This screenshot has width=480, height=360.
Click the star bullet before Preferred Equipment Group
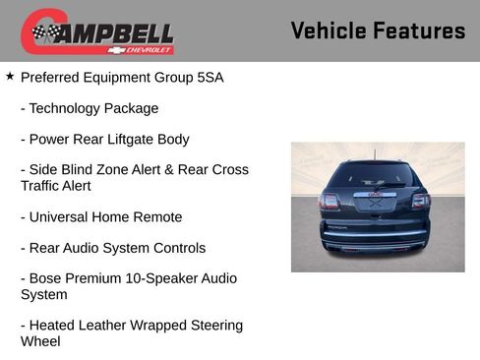[x=10, y=75]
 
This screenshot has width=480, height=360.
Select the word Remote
[x=157, y=216]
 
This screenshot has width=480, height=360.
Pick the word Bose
[x=46, y=278]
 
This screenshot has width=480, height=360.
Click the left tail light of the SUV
[x=330, y=202]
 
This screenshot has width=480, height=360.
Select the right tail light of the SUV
[x=421, y=201]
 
